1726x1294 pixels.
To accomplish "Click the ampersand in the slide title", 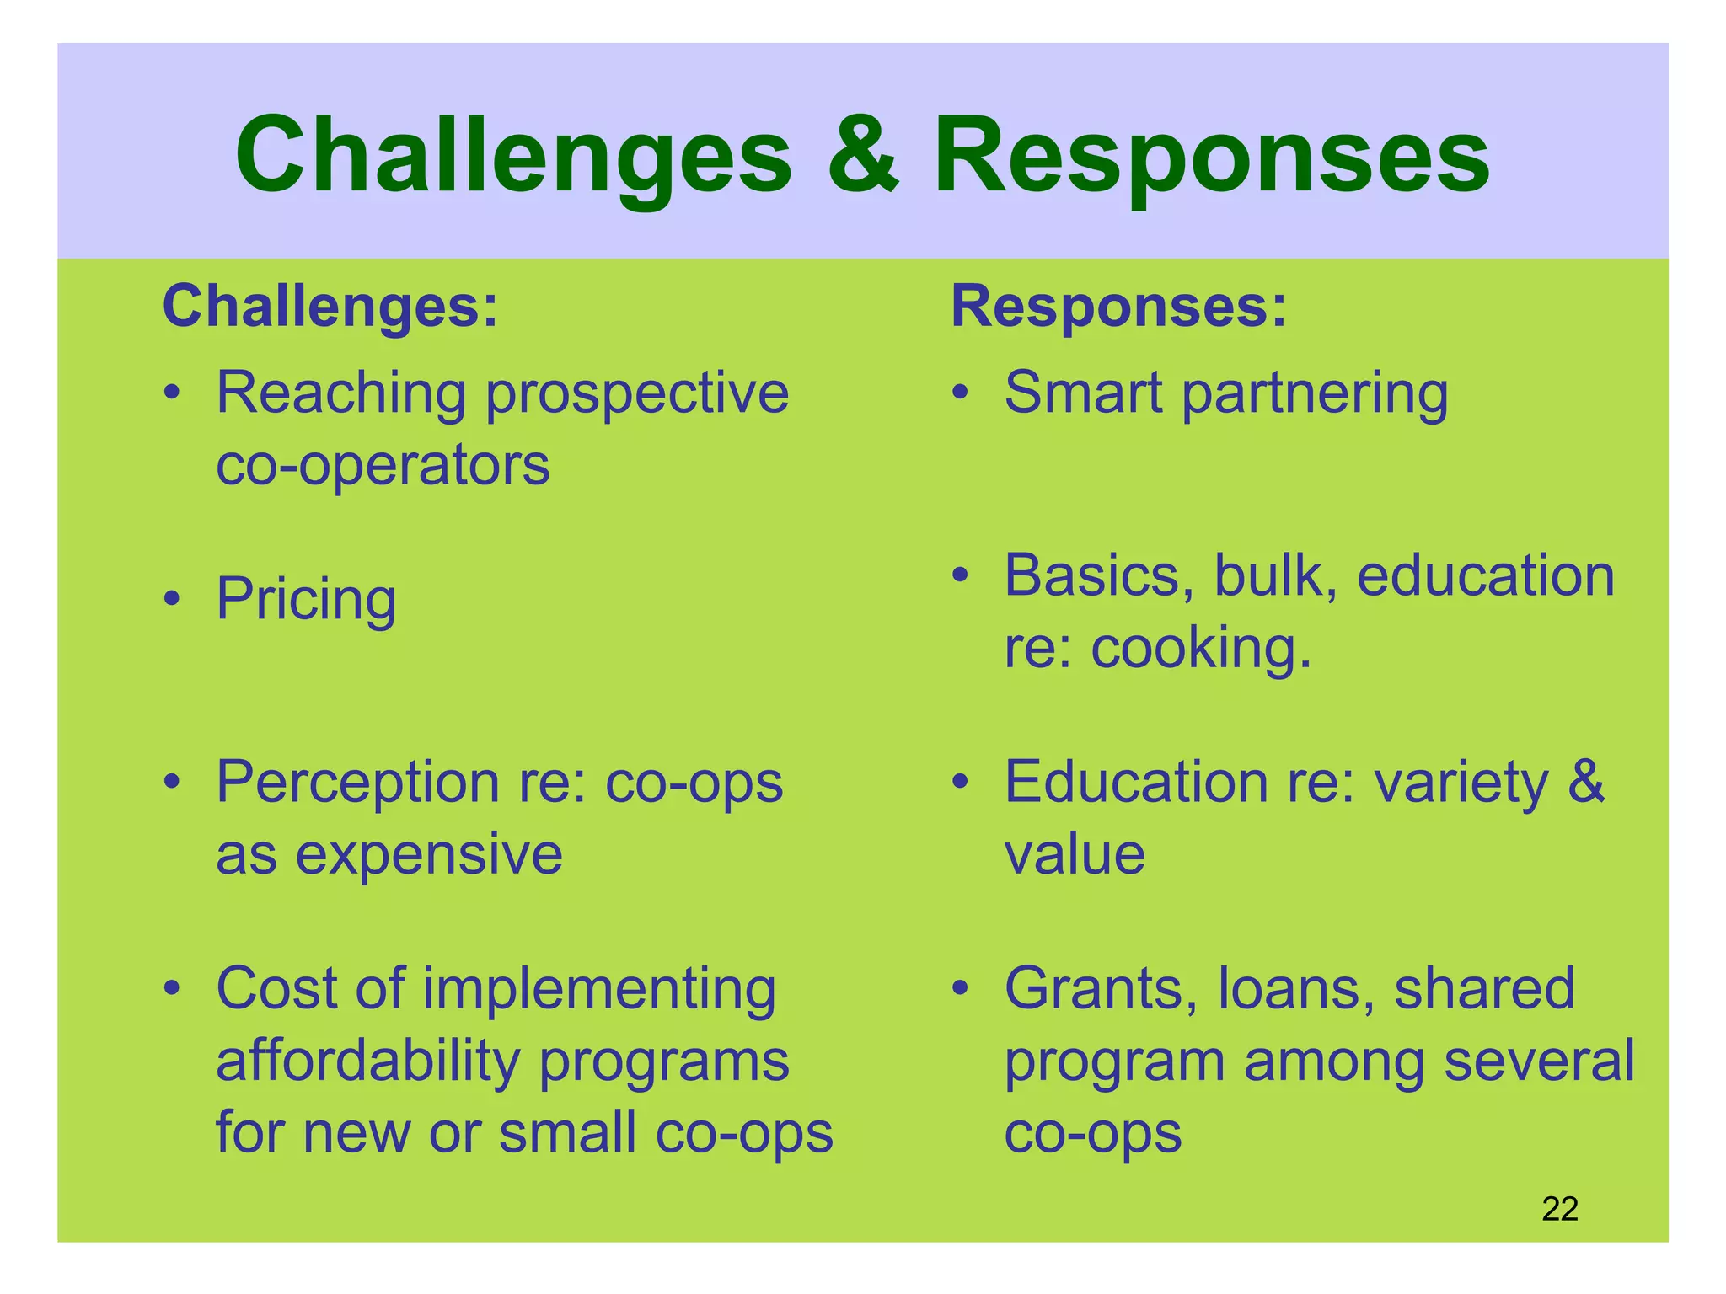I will point(863,156).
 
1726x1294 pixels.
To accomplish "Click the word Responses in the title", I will point(1211,156).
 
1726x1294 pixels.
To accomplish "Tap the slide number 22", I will point(1559,1209).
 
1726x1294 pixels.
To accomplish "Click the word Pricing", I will point(306,600).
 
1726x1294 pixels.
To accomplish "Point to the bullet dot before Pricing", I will point(172,599).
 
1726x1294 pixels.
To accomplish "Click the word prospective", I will point(637,394).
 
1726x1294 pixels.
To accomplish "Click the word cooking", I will point(1200,649).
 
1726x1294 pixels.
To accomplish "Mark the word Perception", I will point(358,783).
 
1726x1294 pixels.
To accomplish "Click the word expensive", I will point(429,854).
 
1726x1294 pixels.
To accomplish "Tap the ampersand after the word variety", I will point(1586,782).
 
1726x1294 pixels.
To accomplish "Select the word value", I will point(1075,854).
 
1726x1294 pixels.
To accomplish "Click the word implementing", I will point(598,989).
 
